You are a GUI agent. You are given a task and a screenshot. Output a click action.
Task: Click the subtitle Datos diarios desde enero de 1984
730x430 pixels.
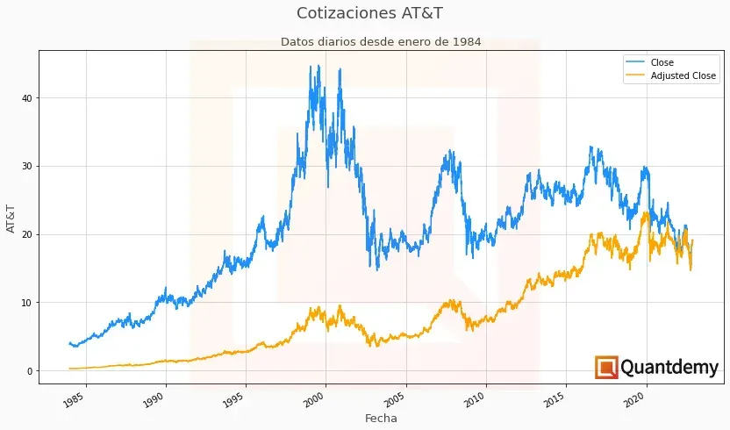tap(381, 41)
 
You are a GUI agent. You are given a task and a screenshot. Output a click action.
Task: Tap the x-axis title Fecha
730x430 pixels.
tap(381, 419)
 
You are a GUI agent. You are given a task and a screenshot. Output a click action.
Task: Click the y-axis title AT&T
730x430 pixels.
tap(11, 218)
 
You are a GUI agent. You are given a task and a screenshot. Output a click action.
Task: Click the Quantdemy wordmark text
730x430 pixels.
tap(669, 368)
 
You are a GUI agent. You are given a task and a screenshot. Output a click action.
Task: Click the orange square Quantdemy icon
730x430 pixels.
tap(606, 368)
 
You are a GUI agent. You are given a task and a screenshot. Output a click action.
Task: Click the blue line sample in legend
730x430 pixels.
tap(634, 62)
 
